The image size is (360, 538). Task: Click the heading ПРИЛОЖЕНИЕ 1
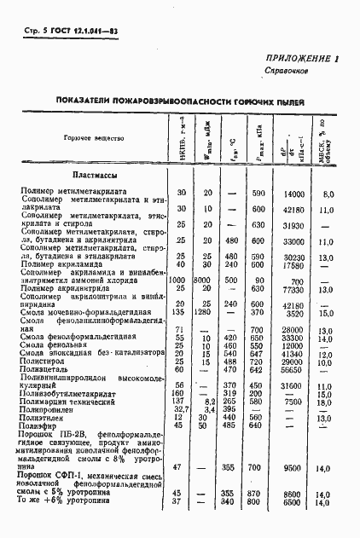point(302,59)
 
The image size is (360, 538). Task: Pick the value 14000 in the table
point(293,194)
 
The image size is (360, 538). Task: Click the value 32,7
point(180,408)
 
